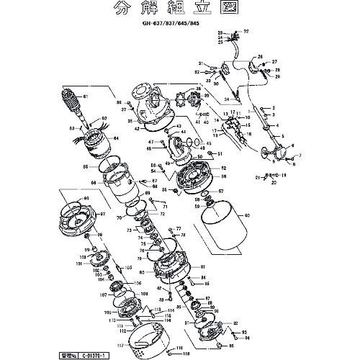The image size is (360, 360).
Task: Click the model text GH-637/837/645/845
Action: pos(179,24)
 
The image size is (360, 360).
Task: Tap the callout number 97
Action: pos(102,215)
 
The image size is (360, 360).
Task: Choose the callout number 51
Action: pos(220,154)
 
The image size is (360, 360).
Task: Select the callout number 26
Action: pos(261,57)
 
